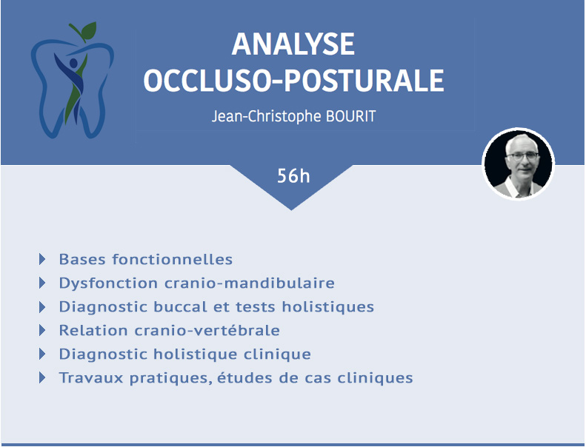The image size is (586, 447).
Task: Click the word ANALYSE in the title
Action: (293, 44)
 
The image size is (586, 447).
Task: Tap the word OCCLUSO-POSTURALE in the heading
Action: (294, 80)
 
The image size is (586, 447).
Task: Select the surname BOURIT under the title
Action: (350, 116)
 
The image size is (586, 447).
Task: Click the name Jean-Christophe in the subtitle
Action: (267, 116)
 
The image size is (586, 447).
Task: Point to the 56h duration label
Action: (293, 176)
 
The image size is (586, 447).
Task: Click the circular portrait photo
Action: (519, 164)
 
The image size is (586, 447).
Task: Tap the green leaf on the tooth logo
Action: (89, 30)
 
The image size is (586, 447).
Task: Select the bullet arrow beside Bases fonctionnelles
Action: (42, 259)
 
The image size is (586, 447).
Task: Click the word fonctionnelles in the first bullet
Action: (173, 259)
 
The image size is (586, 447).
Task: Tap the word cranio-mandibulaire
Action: (249, 283)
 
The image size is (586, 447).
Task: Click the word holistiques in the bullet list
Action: (327, 307)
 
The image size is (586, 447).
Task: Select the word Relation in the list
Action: (93, 331)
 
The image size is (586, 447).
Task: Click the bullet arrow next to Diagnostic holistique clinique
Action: (42, 354)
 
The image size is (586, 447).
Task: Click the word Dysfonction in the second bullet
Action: (108, 283)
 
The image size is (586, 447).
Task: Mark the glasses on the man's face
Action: (524, 156)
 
